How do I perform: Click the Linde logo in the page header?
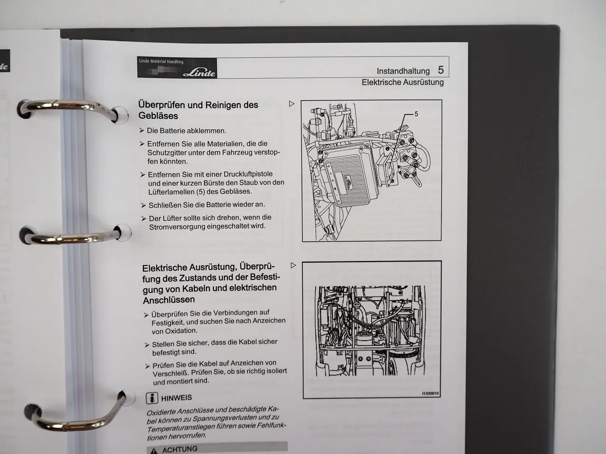(x=199, y=73)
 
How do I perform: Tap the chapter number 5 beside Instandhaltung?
(x=441, y=70)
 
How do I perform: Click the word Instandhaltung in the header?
(x=403, y=71)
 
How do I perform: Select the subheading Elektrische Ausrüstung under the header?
(x=402, y=82)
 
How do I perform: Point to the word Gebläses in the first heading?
(x=158, y=116)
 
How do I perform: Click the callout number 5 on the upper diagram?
(x=416, y=114)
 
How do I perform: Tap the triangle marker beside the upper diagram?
(x=292, y=104)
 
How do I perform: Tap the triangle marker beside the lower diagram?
(x=293, y=265)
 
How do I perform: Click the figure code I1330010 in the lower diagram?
(x=430, y=393)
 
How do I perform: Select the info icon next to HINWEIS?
(x=152, y=398)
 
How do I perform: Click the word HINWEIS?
(x=177, y=398)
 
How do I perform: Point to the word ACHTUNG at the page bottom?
(x=180, y=449)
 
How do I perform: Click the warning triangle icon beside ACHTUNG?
(x=153, y=451)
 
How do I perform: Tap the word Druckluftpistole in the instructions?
(x=248, y=174)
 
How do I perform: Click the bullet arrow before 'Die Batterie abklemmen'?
(x=142, y=131)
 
